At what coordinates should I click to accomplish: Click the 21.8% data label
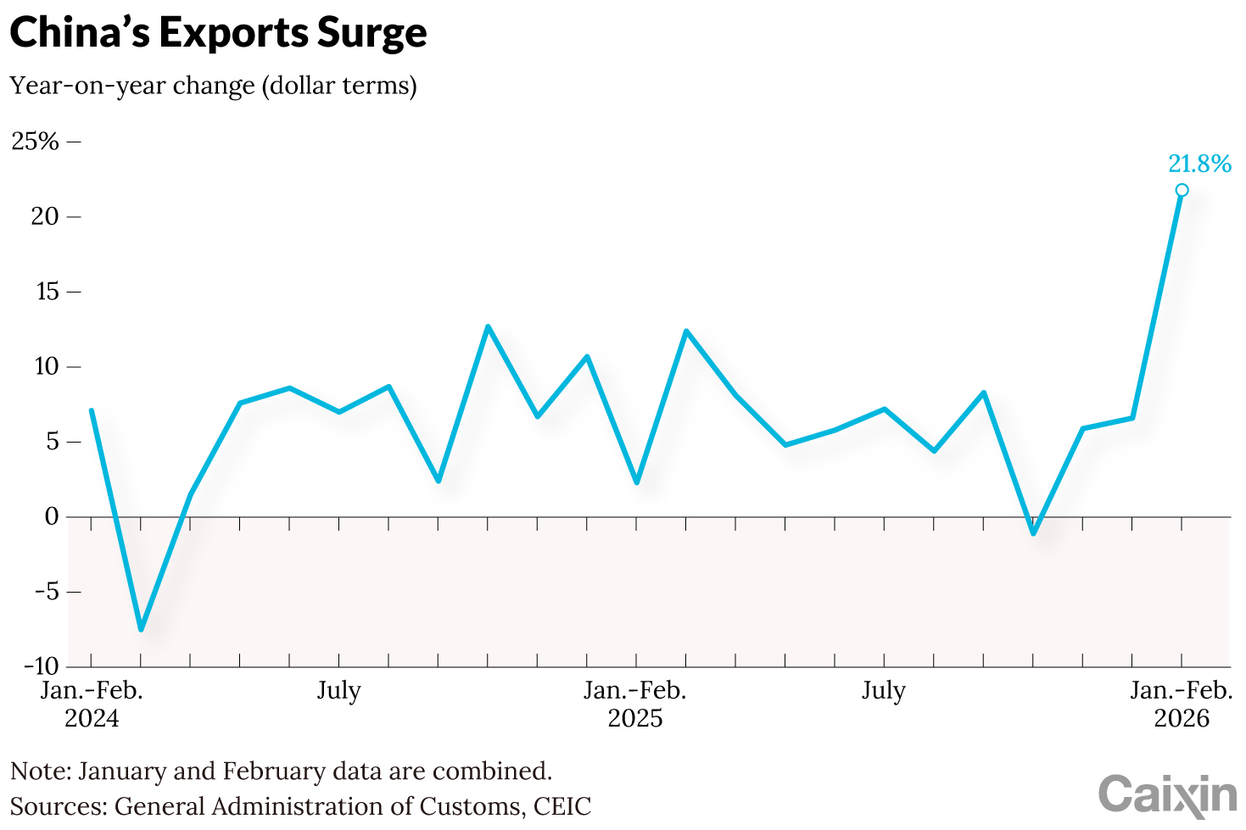tap(1199, 164)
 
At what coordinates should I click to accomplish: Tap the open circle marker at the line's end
tap(1182, 190)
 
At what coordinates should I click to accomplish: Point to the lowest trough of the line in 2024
tap(141, 629)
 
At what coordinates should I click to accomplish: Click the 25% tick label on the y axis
tap(35, 142)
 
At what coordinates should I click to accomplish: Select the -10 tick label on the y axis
tap(36, 666)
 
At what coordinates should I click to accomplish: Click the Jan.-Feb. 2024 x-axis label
tap(92, 704)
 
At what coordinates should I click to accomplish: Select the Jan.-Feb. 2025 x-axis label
tap(635, 704)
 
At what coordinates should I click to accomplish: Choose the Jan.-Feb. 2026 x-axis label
tap(1182, 704)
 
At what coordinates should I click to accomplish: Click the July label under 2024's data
tap(339, 691)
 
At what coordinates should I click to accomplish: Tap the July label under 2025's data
tap(884, 691)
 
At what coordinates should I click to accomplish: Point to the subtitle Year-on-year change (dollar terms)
tap(213, 86)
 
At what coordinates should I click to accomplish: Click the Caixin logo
tap(1167, 794)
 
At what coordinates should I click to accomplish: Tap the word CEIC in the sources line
tap(562, 805)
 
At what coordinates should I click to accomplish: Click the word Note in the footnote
tap(39, 772)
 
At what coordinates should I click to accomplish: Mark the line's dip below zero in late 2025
tap(1033, 533)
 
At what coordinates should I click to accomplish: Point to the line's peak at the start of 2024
tap(91, 410)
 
